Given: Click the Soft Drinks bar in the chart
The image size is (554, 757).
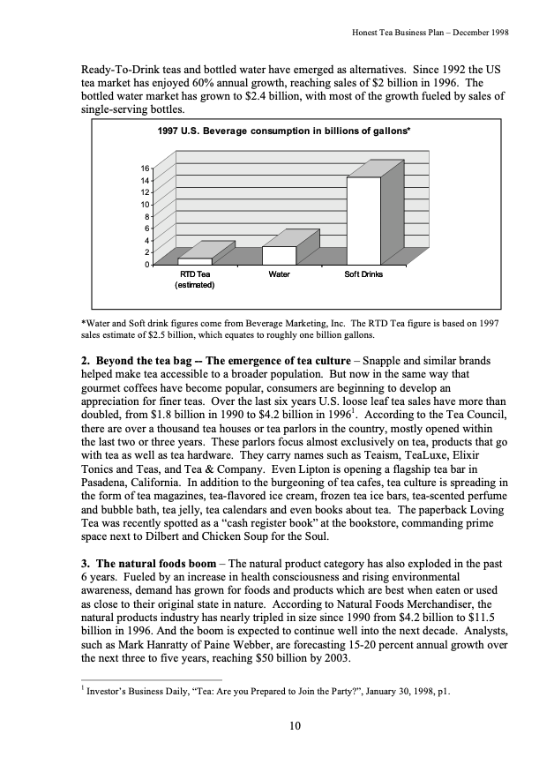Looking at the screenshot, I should [363, 220].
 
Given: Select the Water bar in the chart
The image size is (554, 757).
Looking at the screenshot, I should [279, 255].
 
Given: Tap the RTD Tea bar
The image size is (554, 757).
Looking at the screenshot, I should [195, 261].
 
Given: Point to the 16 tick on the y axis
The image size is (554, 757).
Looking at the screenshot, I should [146, 167].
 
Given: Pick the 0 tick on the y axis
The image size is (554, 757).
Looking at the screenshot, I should [147, 265].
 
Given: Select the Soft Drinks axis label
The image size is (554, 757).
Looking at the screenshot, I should [363, 275].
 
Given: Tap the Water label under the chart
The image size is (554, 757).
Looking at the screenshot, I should [279, 275].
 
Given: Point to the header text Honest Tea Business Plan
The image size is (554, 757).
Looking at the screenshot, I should [401, 32].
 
